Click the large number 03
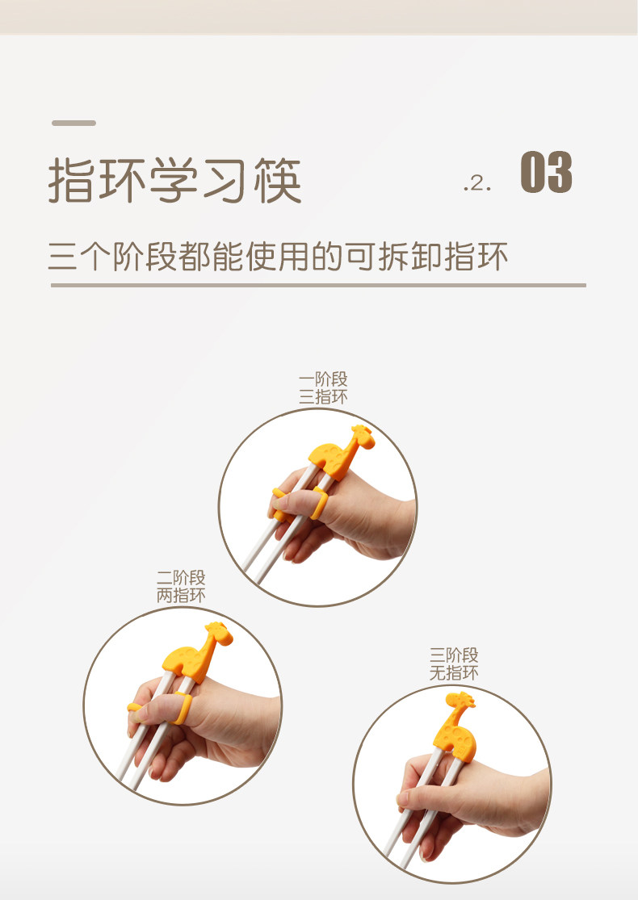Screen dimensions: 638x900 click(x=546, y=172)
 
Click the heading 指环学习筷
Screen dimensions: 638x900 click(x=174, y=180)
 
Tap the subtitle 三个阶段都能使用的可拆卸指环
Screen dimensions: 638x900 click(x=278, y=256)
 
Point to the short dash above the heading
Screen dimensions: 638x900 click(x=73, y=123)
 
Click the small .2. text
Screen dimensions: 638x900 click(x=477, y=183)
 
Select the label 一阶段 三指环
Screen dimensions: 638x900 click(x=323, y=388)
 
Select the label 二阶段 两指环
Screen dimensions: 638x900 click(x=181, y=587)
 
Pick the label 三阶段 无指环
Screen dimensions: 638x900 click(x=454, y=664)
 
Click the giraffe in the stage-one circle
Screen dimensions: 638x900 click(x=340, y=452)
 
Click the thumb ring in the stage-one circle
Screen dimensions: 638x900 click(x=319, y=503)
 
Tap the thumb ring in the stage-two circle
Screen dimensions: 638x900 click(x=183, y=708)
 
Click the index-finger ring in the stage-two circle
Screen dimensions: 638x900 click(x=134, y=710)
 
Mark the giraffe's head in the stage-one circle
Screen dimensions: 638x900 click(x=363, y=436)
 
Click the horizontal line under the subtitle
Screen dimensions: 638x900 click(x=318, y=285)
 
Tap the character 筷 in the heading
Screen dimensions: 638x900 click(x=278, y=180)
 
